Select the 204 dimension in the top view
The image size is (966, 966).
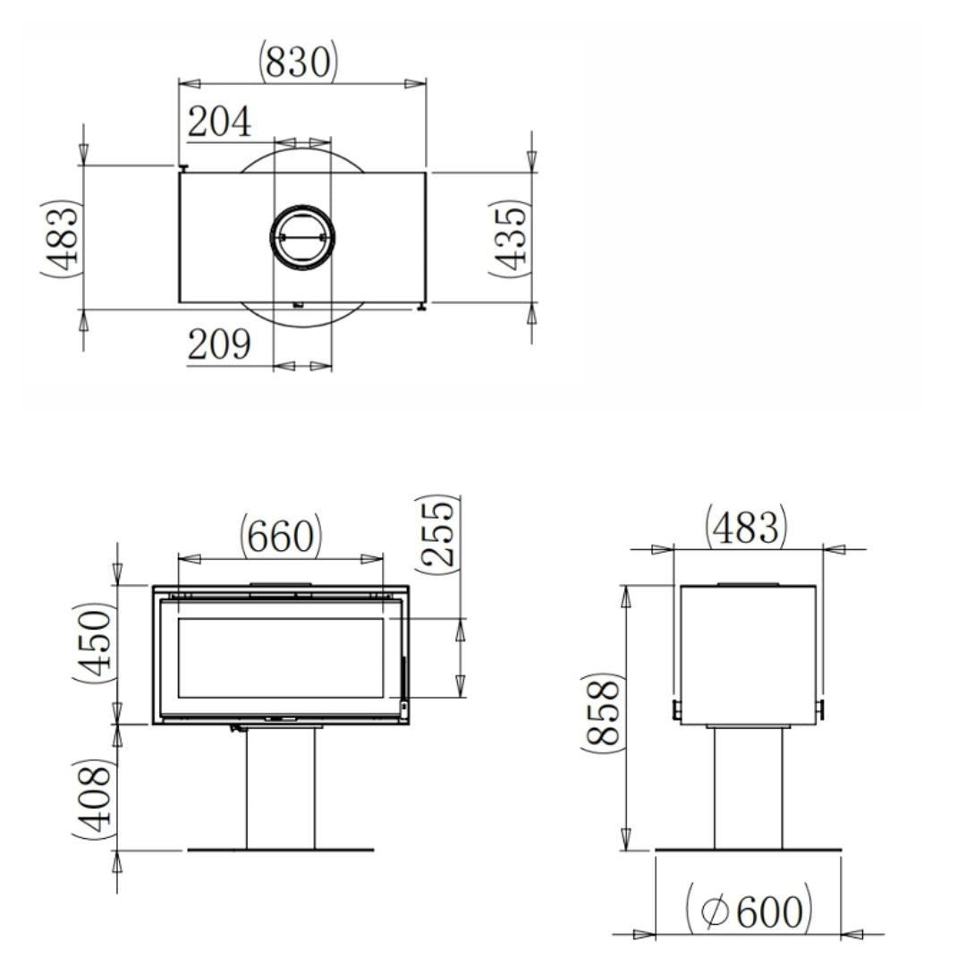219,123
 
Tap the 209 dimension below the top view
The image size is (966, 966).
219,344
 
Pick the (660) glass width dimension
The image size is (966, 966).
280,537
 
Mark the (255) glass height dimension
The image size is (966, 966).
437,533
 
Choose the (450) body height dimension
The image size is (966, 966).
94,643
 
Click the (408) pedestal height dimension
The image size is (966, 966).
94,799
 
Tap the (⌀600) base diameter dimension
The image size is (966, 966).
749,911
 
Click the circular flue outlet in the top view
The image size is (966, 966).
303,237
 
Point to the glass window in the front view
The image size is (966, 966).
281,657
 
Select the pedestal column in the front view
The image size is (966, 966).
281,787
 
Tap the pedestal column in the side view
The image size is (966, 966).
748,787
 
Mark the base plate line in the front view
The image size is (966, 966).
281,850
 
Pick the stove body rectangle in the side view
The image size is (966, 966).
748,653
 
